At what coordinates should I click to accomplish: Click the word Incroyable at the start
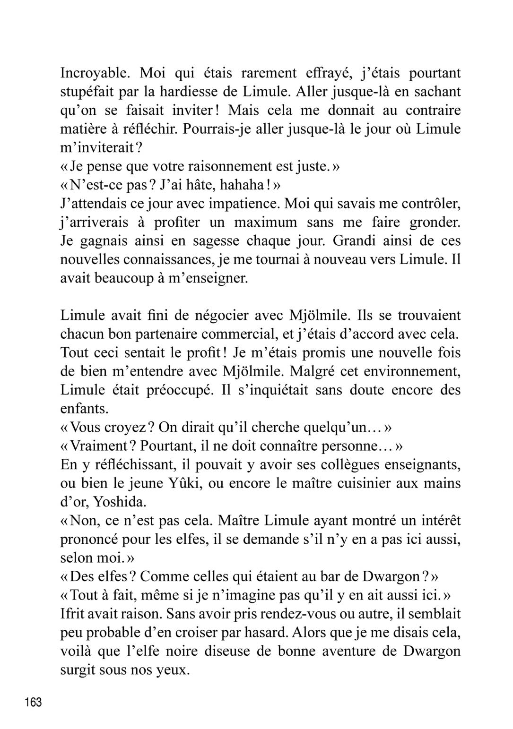[93, 73]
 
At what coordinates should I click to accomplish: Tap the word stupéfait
[85, 92]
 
